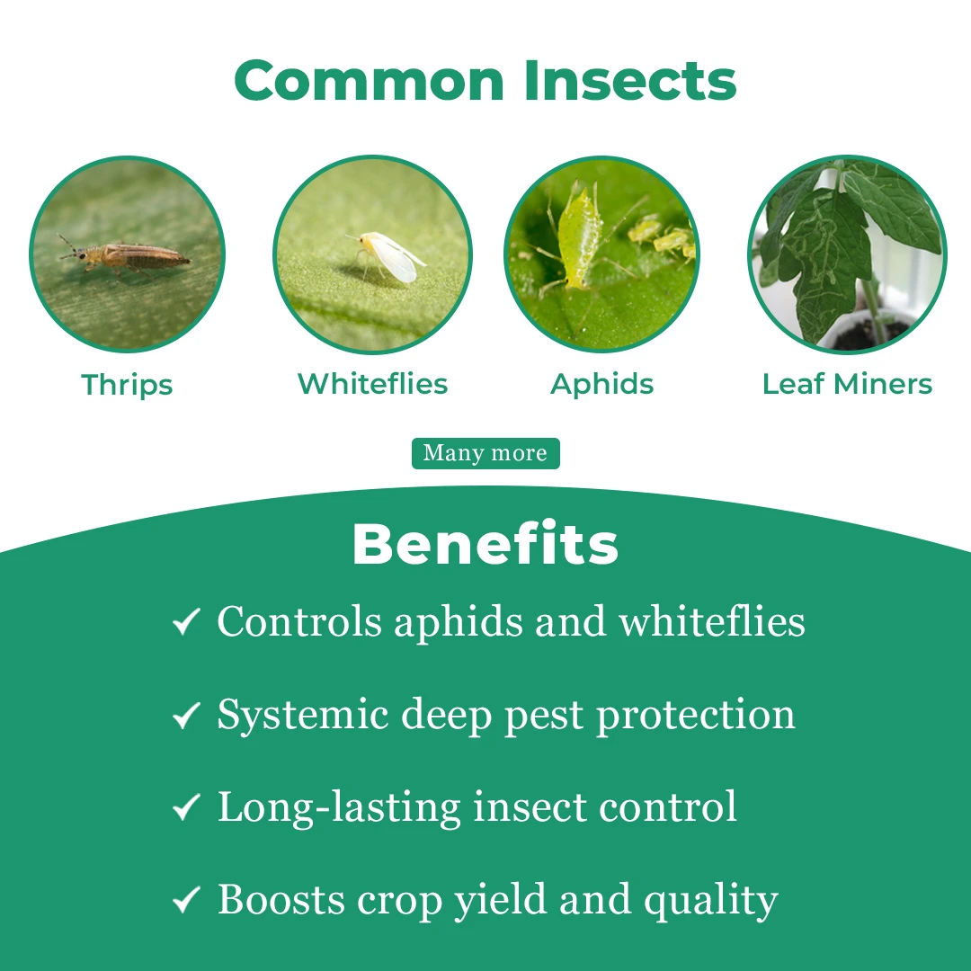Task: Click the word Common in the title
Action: point(370,80)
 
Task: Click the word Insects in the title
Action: point(630,80)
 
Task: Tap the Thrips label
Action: point(127,385)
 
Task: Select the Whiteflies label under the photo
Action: point(373,383)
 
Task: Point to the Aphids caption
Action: point(601,385)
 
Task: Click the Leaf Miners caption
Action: point(847,383)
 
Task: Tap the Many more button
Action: point(485,453)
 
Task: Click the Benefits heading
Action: point(485,544)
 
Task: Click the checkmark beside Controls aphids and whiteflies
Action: point(186,621)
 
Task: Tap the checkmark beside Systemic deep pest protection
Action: point(186,715)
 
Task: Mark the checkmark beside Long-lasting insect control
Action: point(186,806)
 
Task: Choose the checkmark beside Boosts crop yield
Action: point(186,899)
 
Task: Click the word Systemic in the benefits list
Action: point(303,716)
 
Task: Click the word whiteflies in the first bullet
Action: point(712,621)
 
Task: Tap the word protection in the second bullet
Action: point(695,716)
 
